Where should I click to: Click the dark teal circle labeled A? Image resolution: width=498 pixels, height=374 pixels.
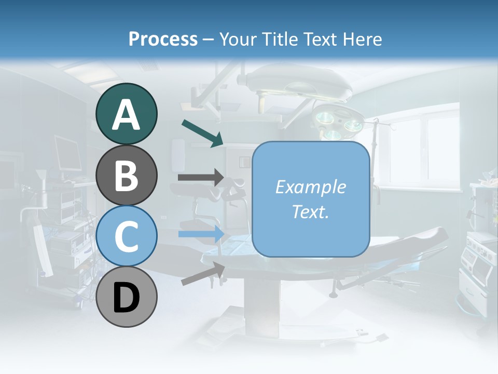(127, 114)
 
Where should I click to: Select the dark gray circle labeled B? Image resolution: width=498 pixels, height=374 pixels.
(127, 175)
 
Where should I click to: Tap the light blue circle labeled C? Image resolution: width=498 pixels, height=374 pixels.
(127, 236)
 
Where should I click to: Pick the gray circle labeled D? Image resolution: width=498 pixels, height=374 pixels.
(127, 297)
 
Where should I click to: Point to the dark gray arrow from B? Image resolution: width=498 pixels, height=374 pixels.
(200, 177)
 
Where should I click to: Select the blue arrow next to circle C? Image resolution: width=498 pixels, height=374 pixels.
(200, 234)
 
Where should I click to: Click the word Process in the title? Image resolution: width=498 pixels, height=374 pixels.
(163, 39)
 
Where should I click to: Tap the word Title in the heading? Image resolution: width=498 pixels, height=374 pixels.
(279, 39)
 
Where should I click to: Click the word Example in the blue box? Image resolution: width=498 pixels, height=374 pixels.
(311, 187)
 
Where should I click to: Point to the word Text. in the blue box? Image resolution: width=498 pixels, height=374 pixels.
(311, 211)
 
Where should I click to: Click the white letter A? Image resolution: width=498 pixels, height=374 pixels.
(127, 114)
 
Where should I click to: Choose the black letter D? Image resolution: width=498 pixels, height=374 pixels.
(127, 298)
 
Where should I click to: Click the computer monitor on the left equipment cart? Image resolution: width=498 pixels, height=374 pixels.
(68, 153)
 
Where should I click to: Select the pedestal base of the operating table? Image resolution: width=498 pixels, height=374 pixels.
(262, 306)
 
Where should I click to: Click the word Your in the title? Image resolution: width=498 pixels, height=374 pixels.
(238, 39)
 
